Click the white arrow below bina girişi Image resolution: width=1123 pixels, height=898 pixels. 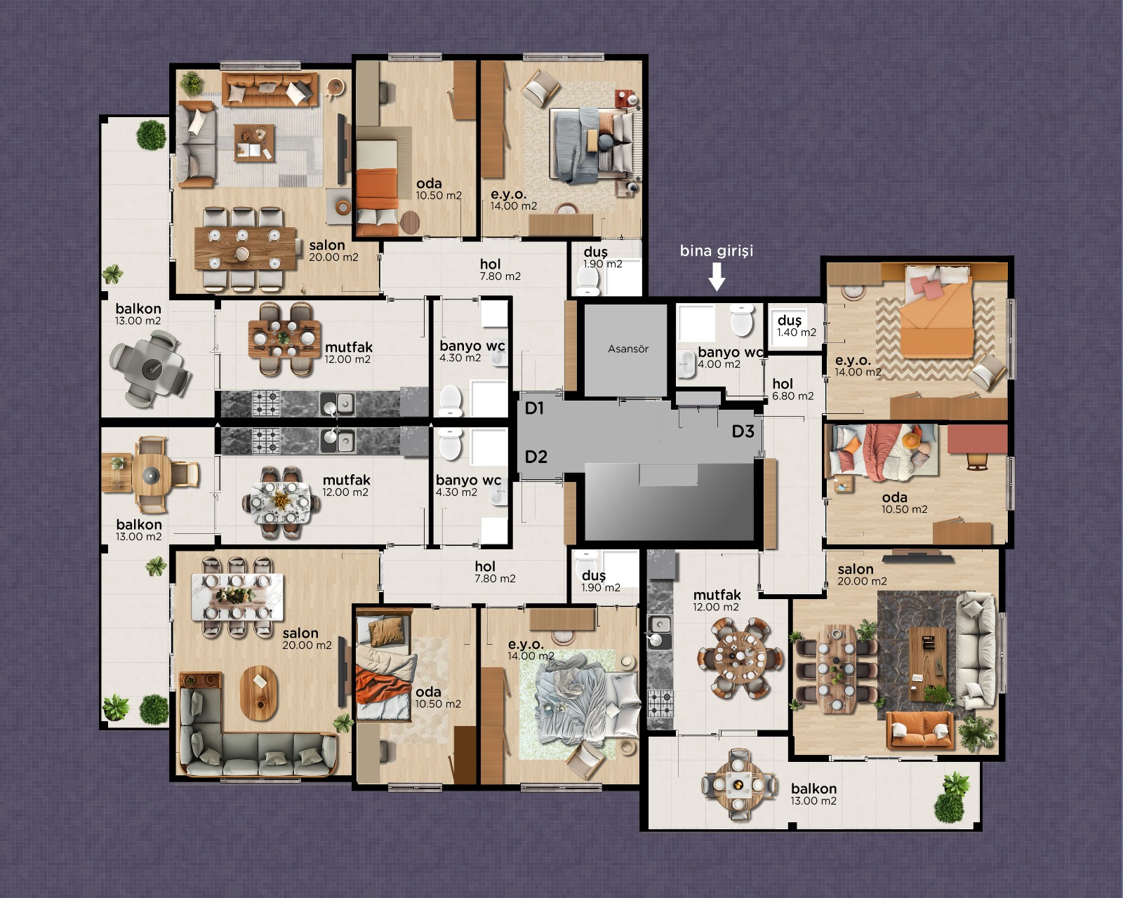[x=717, y=276]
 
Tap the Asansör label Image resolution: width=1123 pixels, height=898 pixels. [x=627, y=349]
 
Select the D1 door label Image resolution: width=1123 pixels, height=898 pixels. [x=534, y=408]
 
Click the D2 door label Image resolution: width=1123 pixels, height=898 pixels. [x=536, y=457]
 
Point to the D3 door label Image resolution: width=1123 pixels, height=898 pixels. [x=743, y=431]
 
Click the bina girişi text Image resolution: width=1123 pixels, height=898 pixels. [x=717, y=251]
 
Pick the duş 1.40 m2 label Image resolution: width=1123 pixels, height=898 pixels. [x=797, y=326]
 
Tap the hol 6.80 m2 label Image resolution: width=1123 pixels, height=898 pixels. [x=792, y=390]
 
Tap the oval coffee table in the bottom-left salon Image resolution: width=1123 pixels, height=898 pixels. [x=260, y=693]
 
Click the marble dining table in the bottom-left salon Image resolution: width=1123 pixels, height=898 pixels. [x=237, y=597]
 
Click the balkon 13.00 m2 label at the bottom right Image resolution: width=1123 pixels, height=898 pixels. [x=813, y=794]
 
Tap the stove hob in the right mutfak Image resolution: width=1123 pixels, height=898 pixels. [x=660, y=702]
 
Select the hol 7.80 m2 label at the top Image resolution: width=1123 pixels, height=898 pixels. [x=500, y=270]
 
